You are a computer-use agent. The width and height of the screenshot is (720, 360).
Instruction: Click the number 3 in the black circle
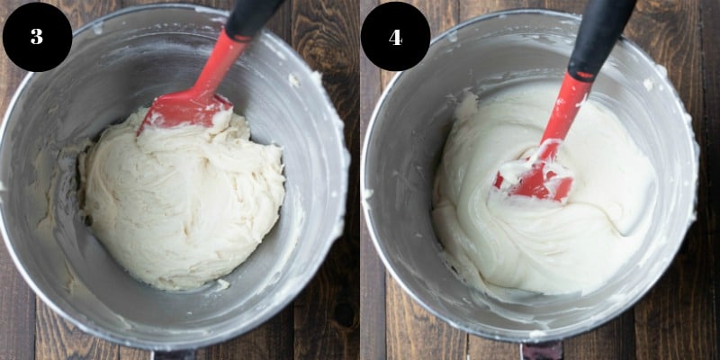point(37,37)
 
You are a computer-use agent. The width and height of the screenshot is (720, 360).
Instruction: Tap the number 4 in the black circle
point(395,37)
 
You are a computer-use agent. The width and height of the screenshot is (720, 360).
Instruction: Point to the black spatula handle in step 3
point(253,17)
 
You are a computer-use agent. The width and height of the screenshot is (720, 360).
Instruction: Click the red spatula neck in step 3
point(220,63)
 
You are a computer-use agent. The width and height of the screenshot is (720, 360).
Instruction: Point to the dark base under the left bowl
point(174,355)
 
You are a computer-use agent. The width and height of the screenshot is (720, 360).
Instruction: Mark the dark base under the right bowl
point(542,351)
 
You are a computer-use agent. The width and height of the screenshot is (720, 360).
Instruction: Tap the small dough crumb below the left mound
point(222,284)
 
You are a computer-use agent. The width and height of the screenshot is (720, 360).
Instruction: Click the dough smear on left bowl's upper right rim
point(292,80)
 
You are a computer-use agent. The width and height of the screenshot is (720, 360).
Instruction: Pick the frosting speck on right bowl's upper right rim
point(648,84)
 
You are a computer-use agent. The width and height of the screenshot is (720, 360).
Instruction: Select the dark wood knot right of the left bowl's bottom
point(344,314)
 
